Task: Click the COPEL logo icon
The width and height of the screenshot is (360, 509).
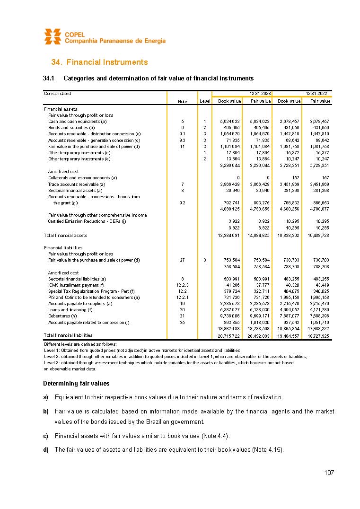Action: click(x=53, y=36)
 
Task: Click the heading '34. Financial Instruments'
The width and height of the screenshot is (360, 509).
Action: click(x=99, y=62)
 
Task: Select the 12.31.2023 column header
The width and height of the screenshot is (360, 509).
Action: click(x=257, y=94)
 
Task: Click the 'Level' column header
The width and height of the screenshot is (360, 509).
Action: click(x=205, y=101)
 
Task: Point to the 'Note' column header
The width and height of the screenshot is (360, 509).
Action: click(x=182, y=101)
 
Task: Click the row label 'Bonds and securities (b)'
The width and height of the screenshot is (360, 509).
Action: click(x=71, y=128)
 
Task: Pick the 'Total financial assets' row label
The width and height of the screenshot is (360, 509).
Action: click(x=65, y=235)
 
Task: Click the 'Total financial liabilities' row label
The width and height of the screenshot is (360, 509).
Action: click(x=68, y=335)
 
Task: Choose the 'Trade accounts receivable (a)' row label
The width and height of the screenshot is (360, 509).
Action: click(x=76, y=184)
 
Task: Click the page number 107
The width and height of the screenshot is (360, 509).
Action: click(x=329, y=473)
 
